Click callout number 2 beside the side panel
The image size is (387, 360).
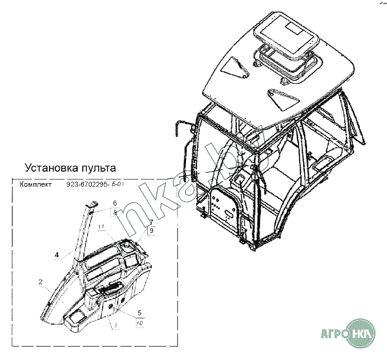tap(41, 282)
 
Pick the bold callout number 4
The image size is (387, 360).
tap(57, 254)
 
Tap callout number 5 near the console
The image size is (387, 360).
tap(140, 313)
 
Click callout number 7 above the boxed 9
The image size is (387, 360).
tap(151, 221)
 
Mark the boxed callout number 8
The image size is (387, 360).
tap(115, 212)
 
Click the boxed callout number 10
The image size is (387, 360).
tap(140, 323)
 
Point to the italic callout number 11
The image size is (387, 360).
tap(102, 228)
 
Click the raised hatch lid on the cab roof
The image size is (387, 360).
tap(285, 35)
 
